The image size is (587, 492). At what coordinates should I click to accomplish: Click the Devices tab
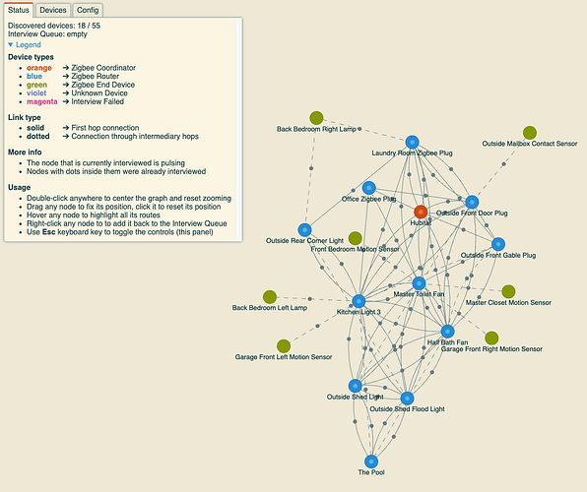pyautogui.click(x=53, y=10)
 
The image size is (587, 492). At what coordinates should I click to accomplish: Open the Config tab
pyautogui.click(x=88, y=10)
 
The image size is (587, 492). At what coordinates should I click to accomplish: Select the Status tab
pyautogui.click(x=19, y=10)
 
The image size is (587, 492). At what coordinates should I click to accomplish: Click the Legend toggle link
pyautogui.click(x=25, y=45)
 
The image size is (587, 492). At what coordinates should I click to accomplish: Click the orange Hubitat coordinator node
pyautogui.click(x=421, y=213)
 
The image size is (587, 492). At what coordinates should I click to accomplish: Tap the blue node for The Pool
pyautogui.click(x=371, y=461)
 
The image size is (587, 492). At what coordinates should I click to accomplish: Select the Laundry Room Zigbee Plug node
pyautogui.click(x=412, y=142)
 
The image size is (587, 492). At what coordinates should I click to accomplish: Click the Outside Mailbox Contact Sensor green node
pyautogui.click(x=530, y=133)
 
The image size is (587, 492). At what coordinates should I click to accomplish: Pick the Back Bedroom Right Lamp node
pyautogui.click(x=316, y=118)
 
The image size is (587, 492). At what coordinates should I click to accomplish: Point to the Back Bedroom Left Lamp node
pyautogui.click(x=270, y=297)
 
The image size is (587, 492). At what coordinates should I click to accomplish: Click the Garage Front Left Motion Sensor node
pyautogui.click(x=284, y=346)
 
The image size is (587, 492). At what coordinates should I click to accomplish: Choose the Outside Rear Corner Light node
pyautogui.click(x=304, y=230)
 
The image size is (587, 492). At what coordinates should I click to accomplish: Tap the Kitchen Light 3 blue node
pyautogui.click(x=359, y=301)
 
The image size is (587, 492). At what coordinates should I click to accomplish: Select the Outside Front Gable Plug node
pyautogui.click(x=498, y=244)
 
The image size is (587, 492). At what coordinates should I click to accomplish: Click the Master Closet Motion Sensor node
pyautogui.click(x=508, y=291)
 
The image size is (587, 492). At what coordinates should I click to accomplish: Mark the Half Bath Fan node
pyautogui.click(x=448, y=332)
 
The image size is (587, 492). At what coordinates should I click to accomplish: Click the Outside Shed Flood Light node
pyautogui.click(x=407, y=399)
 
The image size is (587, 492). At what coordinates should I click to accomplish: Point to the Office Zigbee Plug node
pyautogui.click(x=368, y=188)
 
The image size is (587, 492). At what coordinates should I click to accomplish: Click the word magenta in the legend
pyautogui.click(x=42, y=101)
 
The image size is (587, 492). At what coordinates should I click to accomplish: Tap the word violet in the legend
pyautogui.click(x=36, y=93)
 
